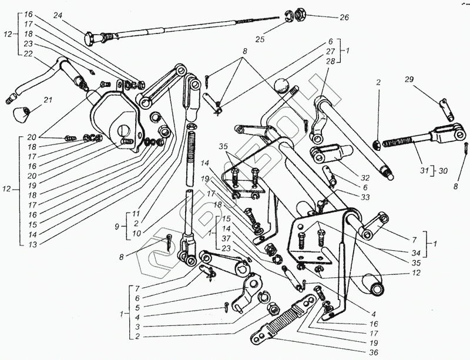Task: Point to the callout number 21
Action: click(x=48, y=100)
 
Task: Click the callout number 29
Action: click(x=409, y=79)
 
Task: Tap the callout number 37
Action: click(x=226, y=238)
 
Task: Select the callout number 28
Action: click(x=331, y=61)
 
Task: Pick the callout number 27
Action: click(x=331, y=52)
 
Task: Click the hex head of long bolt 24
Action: click(x=92, y=39)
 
